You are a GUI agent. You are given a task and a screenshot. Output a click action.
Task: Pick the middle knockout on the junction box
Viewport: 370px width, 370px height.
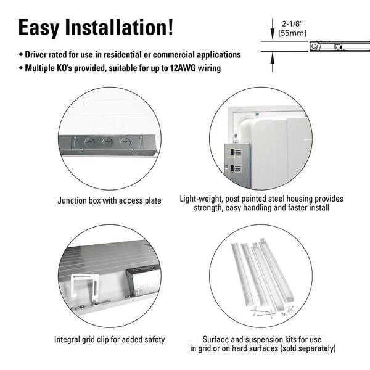(107, 142)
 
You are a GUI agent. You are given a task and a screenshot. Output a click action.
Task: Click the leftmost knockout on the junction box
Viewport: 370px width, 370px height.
(89, 142)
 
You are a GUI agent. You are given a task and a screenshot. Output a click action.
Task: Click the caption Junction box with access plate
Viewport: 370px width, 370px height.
(109, 200)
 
